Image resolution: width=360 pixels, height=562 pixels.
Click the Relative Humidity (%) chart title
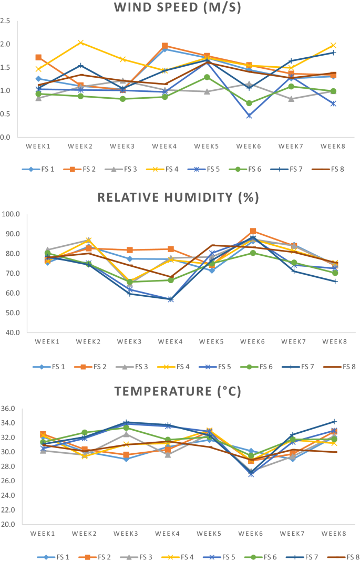pos(180,197)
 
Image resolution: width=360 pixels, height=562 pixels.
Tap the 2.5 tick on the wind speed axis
pos(6,21)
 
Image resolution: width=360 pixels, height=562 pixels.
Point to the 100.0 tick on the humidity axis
pos(11,214)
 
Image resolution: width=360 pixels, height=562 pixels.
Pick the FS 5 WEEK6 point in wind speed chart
pos(250,116)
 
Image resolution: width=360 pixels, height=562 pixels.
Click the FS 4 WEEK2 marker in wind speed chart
pos(80,43)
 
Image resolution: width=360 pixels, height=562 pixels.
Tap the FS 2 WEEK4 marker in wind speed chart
pos(165,46)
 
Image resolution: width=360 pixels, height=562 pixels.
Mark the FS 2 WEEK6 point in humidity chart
pos(253,231)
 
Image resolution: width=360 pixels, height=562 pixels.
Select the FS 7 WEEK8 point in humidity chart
pos(335,282)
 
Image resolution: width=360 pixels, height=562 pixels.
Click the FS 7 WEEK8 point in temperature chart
pos(334,421)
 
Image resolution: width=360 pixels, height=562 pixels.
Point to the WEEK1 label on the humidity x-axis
pos(47,341)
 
